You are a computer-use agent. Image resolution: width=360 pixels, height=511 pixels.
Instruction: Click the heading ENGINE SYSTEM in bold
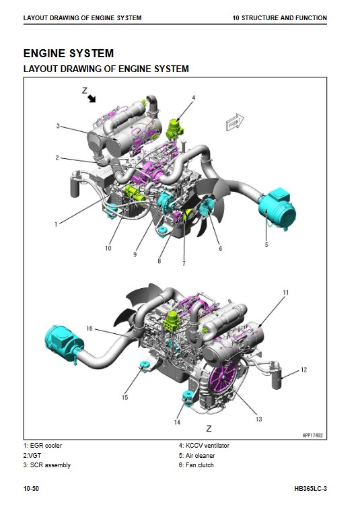69,53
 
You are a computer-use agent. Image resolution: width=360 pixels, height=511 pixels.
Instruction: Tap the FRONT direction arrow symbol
235,123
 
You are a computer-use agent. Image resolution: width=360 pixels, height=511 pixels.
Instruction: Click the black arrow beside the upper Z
92,98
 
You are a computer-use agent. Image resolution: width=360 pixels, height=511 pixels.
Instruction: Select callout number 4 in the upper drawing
194,98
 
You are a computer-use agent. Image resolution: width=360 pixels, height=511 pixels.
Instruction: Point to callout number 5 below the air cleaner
266,244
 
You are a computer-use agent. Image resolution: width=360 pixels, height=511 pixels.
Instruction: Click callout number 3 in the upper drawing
58,126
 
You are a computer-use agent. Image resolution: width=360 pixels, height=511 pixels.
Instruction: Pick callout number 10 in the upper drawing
108,248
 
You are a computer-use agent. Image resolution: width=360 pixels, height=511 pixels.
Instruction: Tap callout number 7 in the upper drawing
184,263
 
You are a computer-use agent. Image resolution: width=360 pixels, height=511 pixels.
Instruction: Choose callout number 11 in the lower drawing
286,292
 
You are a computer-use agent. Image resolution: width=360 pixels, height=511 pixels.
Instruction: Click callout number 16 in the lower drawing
89,328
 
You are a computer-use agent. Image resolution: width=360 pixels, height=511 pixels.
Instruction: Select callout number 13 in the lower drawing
259,419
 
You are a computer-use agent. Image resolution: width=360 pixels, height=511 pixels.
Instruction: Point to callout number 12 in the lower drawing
303,370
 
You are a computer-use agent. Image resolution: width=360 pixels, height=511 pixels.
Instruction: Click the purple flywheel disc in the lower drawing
223,378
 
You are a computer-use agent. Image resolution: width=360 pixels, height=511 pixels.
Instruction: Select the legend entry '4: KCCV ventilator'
204,446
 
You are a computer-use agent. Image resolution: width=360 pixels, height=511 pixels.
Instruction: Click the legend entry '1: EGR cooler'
42,446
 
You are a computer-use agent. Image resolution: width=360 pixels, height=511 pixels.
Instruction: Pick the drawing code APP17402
312,435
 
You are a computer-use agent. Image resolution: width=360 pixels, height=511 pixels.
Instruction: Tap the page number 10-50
31,488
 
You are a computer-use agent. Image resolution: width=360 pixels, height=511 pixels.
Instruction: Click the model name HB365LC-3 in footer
310,488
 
